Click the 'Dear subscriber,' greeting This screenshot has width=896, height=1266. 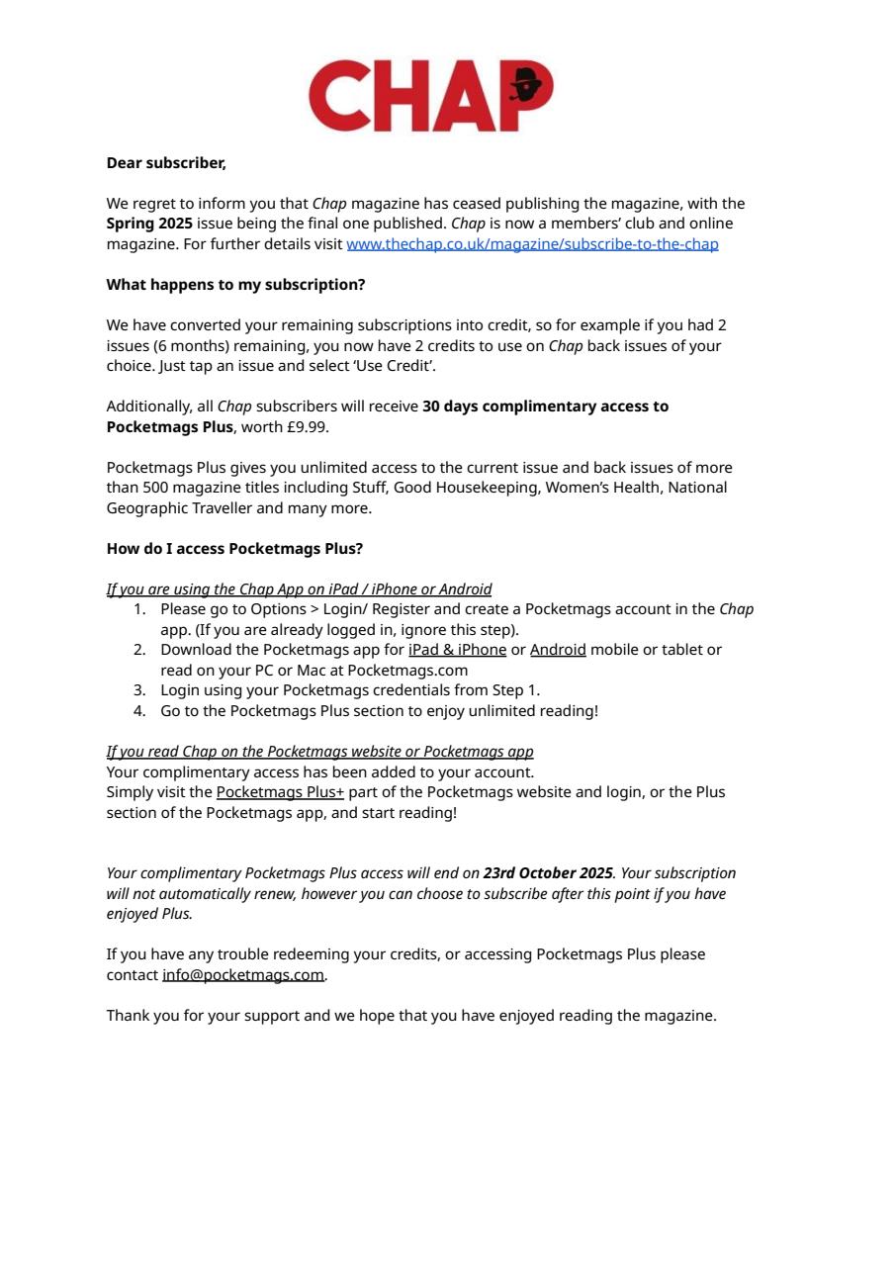pyautogui.click(x=166, y=163)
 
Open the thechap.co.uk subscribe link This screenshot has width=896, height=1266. pyautogui.click(x=532, y=244)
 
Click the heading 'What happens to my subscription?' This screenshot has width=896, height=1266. pyautogui.click(x=235, y=285)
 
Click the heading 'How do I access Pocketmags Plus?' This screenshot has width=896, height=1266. pyautogui.click(x=234, y=549)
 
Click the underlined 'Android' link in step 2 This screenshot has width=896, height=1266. pyautogui.click(x=558, y=650)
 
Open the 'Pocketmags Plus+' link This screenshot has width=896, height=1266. pyautogui.click(x=280, y=792)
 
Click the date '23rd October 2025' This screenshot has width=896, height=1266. pyautogui.click(x=548, y=873)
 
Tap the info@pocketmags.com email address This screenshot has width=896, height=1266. pyautogui.click(x=243, y=975)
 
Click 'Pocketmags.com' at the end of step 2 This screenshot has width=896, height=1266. pyautogui.click(x=407, y=671)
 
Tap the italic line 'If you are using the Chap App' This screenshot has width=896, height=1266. pyautogui.click(x=299, y=589)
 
